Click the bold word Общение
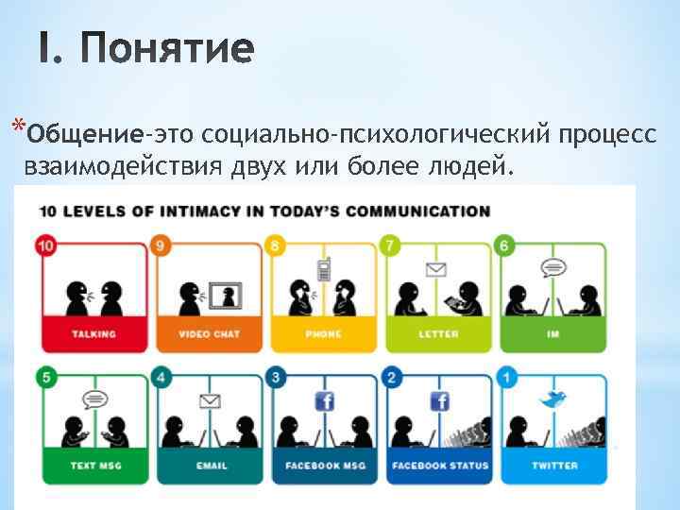[86, 135]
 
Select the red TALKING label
[94, 334]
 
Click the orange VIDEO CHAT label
[209, 334]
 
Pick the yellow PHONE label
[323, 334]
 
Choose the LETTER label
[438, 334]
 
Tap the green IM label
[553, 334]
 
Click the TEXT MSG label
[94, 466]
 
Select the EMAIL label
[209, 466]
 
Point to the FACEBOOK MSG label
[323, 466]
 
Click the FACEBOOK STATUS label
[439, 466]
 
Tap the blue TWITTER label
[553, 466]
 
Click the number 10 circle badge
[45, 246]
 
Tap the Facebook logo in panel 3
[324, 401]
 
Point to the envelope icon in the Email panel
[210, 401]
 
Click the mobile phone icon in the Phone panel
[324, 269]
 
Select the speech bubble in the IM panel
[552, 267]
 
